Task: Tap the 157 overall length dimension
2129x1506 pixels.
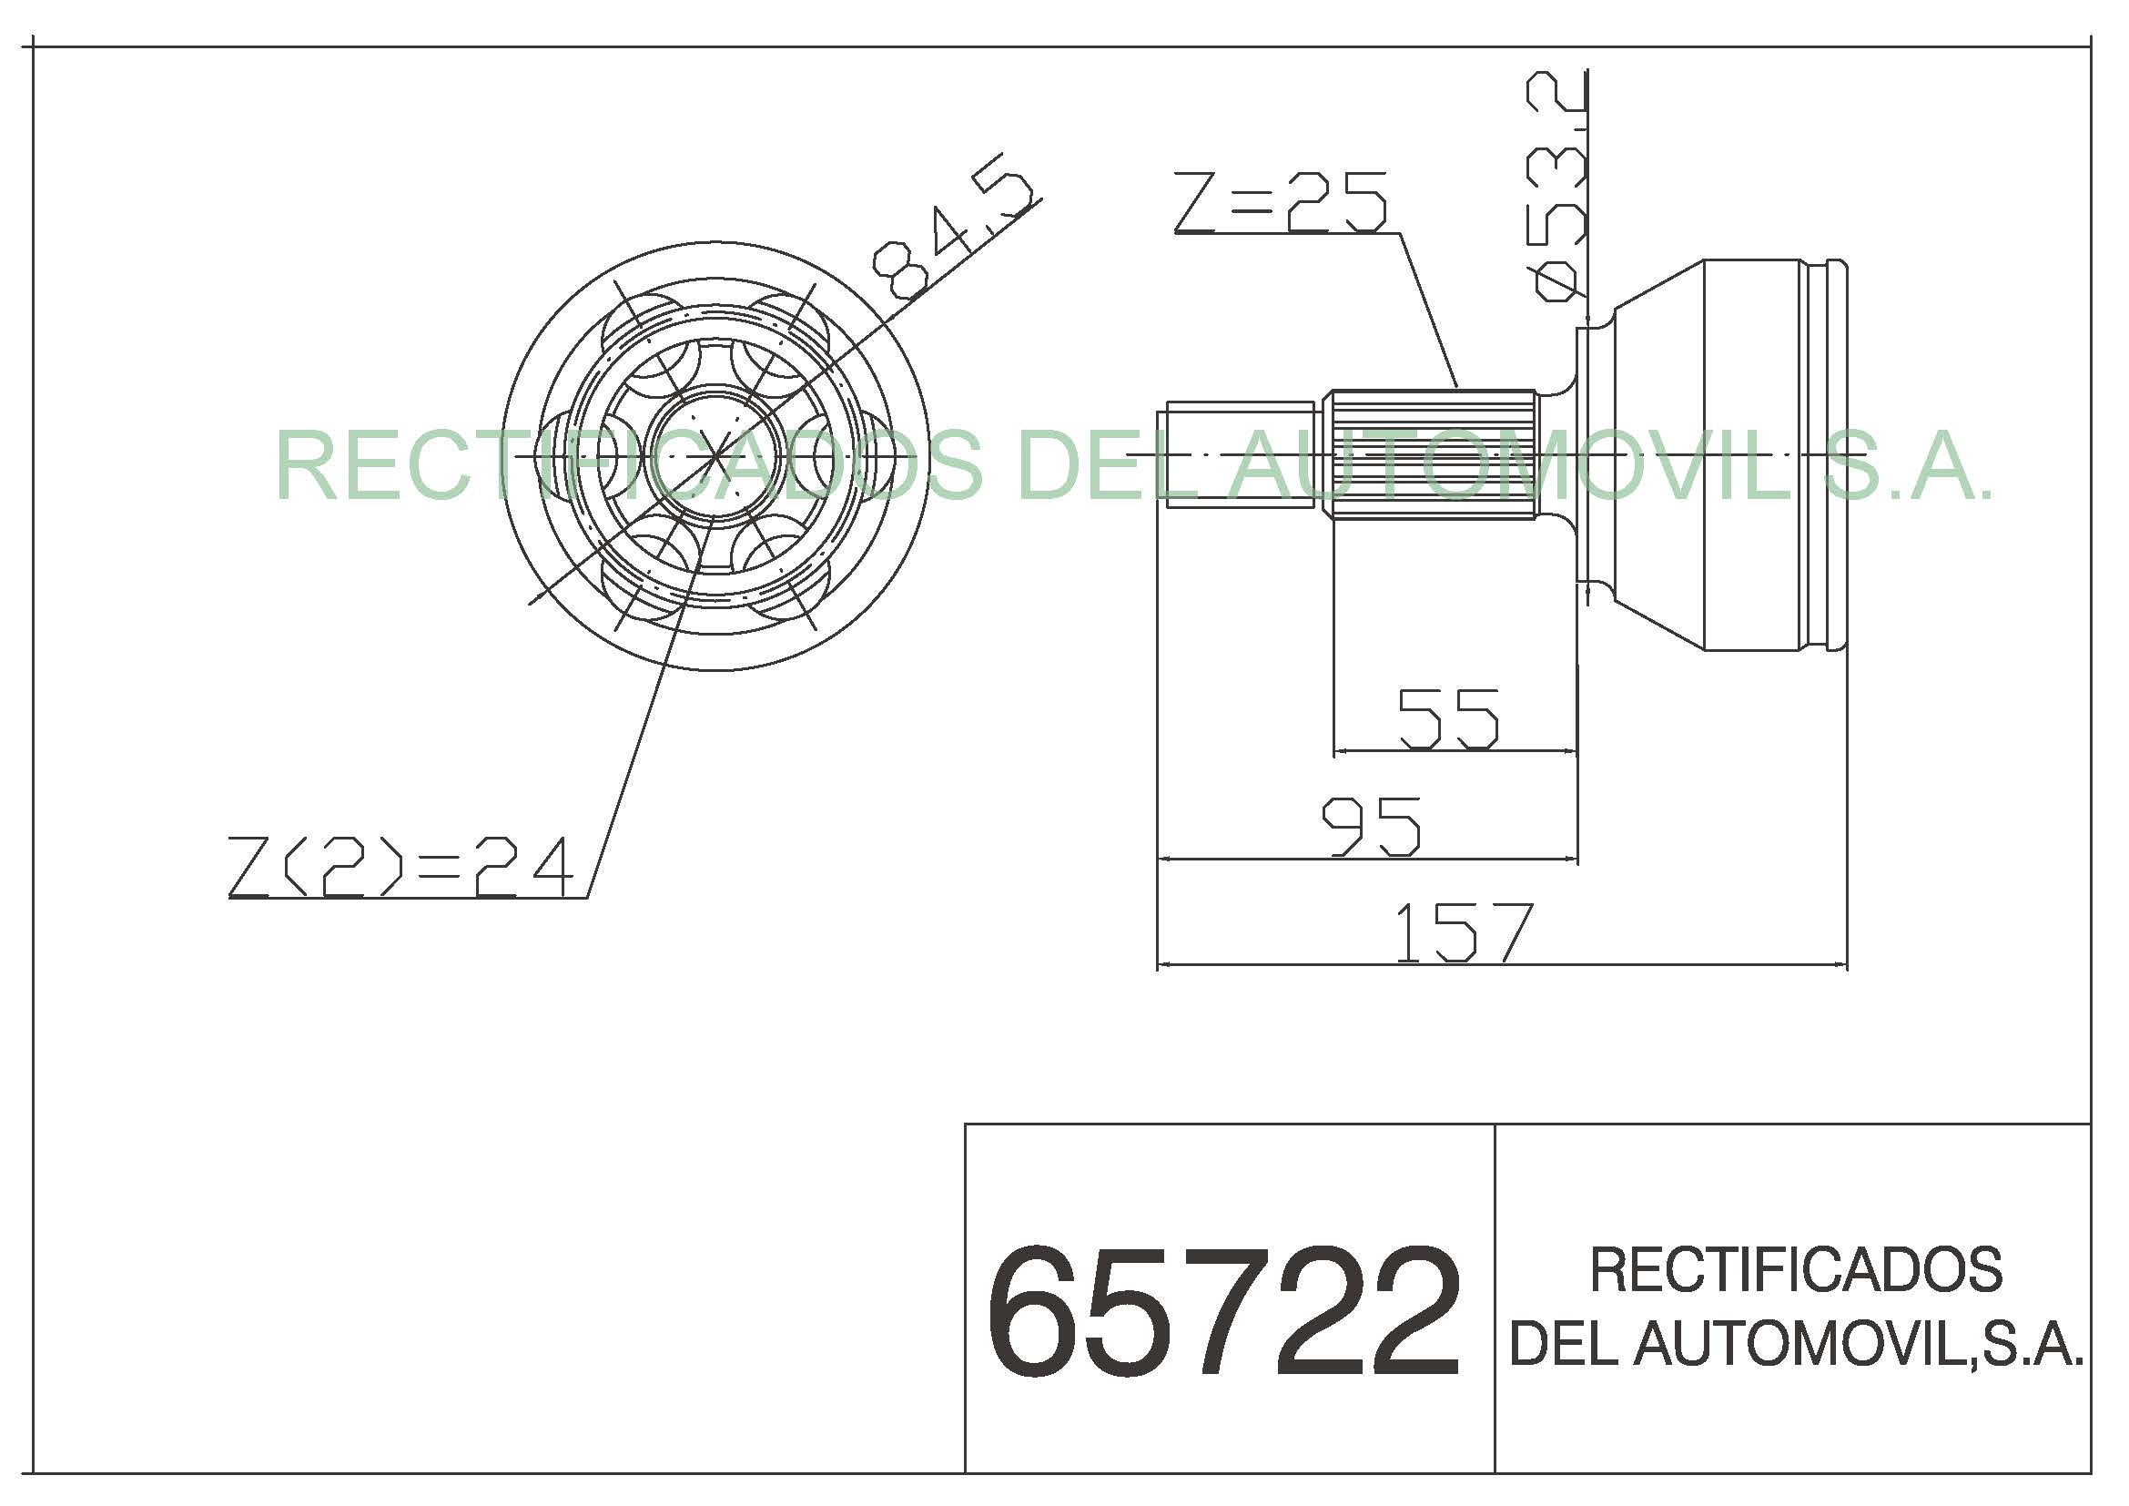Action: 1464,932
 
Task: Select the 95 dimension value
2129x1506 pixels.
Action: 1371,826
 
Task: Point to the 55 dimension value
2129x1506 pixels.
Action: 1447,717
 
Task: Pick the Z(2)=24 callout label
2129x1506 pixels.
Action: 400,867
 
